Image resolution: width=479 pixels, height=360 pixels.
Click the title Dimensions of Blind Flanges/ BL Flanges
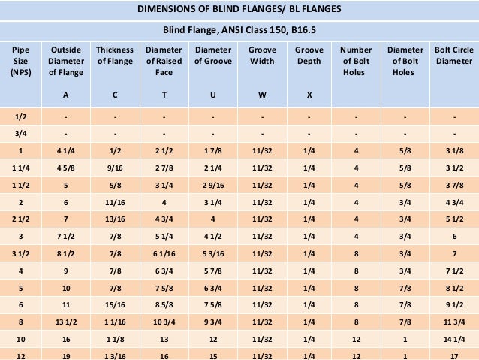point(239,10)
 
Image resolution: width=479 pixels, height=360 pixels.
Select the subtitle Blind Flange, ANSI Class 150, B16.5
point(239,31)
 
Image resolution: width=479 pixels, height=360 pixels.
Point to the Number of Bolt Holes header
point(355,61)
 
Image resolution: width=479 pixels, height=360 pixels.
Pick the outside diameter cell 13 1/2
point(65,323)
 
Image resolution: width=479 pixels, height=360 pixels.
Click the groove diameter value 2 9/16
point(212,186)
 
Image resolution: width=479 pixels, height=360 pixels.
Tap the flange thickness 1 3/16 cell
point(115,355)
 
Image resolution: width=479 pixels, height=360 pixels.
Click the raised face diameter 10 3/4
point(164,323)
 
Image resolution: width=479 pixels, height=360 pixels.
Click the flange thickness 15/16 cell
point(115,306)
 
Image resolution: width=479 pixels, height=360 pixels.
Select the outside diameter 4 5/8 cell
point(65,169)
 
